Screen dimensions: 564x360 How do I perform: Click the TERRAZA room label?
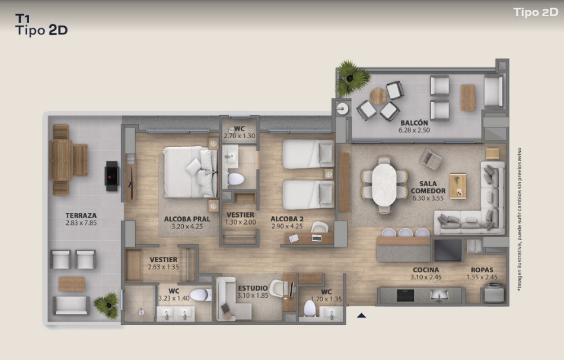tap(81, 215)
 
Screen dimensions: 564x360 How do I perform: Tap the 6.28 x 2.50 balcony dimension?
tap(414, 130)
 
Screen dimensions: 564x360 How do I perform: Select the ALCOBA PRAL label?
tap(187, 219)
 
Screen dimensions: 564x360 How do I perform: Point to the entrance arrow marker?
tap(362, 316)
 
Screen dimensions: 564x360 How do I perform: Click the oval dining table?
tap(384, 185)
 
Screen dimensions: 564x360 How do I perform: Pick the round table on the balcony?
tap(378, 96)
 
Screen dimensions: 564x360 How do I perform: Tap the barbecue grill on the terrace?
tap(111, 176)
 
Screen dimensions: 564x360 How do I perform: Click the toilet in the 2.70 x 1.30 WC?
tap(235, 179)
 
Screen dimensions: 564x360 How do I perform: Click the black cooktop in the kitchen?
tap(405, 295)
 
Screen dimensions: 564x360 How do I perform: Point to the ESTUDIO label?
tap(253, 288)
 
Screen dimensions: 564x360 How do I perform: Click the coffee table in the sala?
tap(457, 186)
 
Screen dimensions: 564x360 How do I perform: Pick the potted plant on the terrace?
tap(107, 305)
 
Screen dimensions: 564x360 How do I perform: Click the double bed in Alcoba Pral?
tap(190, 171)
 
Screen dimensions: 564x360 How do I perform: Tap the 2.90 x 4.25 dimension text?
tap(286, 226)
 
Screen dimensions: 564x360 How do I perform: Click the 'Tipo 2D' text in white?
tap(536, 12)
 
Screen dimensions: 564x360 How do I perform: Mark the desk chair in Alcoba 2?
tap(320, 227)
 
